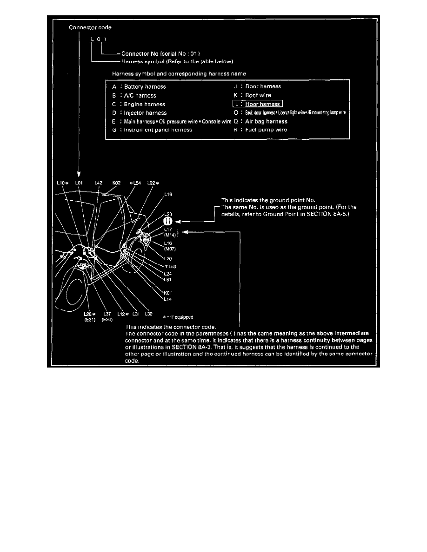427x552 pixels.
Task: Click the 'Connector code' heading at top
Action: pyautogui.click(x=90, y=27)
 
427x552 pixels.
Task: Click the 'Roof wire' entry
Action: pyautogui.click(x=258, y=95)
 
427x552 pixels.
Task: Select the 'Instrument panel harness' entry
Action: pyautogui.click(x=158, y=130)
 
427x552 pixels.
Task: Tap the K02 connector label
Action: pyautogui.click(x=117, y=184)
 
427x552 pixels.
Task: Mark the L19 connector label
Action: pyautogui.click(x=168, y=195)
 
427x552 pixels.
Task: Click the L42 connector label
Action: pyautogui.click(x=98, y=184)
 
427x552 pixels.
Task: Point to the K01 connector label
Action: pyautogui.click(x=168, y=293)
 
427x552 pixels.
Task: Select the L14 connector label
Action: pyautogui.click(x=168, y=299)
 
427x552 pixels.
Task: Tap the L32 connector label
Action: pyautogui.click(x=148, y=315)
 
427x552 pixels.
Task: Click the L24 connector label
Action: pyautogui.click(x=168, y=274)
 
